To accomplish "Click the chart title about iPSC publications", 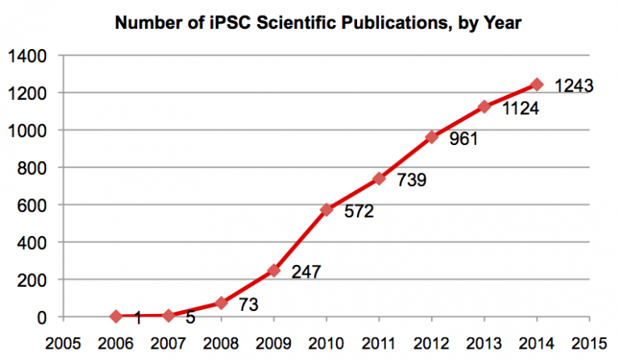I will coord(318,23).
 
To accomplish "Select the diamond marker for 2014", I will coord(537,85).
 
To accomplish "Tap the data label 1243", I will coord(572,85).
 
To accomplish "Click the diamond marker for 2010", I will coord(326,209).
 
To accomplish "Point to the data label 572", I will coord(358,213).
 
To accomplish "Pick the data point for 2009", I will coord(274,271).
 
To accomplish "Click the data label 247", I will coord(305,272).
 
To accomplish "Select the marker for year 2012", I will coord(432,137).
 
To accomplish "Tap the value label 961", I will coord(463,139).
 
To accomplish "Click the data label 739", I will coord(410,180).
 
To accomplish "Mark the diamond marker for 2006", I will coord(116,317).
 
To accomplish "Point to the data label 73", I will coord(248,304).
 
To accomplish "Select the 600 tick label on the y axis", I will coord(32,205).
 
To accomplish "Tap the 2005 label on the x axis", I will coord(64,340).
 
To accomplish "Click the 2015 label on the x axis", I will coord(590,340).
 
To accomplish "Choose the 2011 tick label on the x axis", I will coord(380,340).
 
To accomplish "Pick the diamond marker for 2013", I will coord(484,106).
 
